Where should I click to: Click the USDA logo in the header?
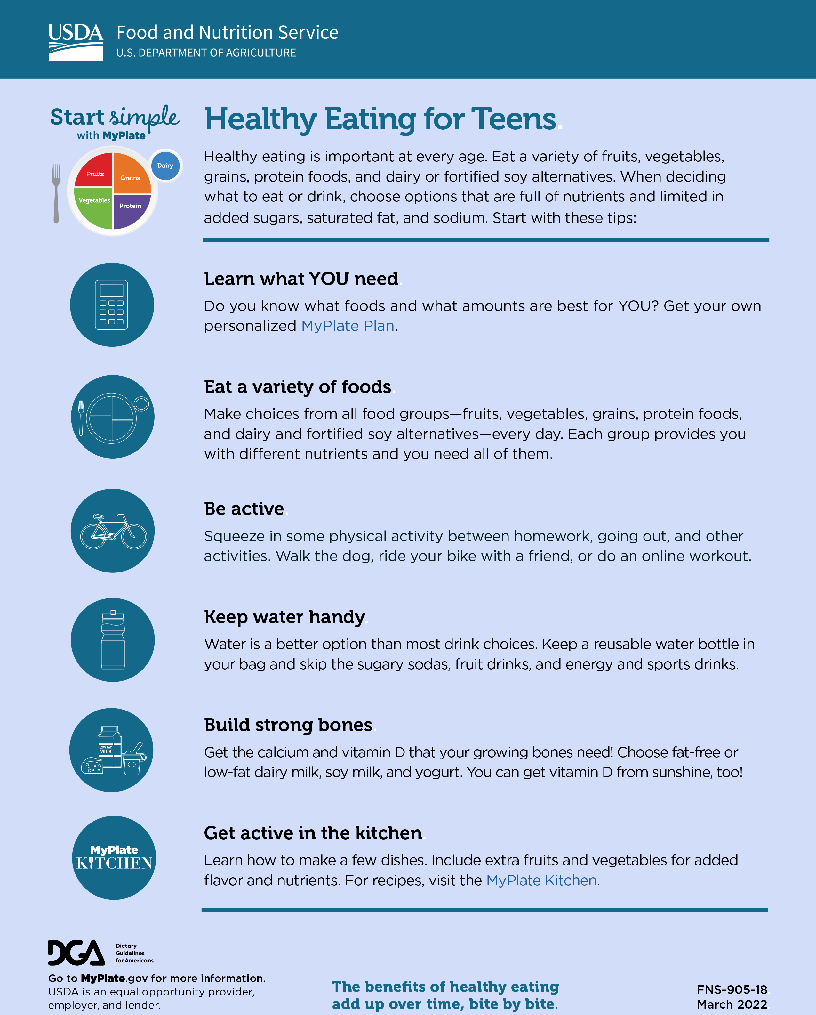[76, 42]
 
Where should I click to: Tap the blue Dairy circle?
[165, 165]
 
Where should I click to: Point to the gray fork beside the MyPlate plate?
[56, 193]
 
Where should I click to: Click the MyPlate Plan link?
[348, 326]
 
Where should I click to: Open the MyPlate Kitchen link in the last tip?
[541, 880]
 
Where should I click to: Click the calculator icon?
[112, 304]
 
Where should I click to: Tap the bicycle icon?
[113, 531]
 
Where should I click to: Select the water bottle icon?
[113, 640]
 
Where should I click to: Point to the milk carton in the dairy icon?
[109, 747]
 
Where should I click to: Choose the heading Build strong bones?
[288, 725]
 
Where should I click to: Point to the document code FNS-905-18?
[732, 989]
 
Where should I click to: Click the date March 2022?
[732, 1004]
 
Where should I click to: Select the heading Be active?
[244, 509]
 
